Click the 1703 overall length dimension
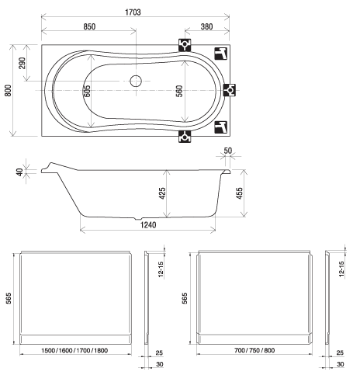click(x=133, y=12)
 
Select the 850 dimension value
click(x=89, y=26)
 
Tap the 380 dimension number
click(x=207, y=26)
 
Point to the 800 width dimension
click(x=9, y=90)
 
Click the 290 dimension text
click(x=22, y=63)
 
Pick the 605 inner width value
click(x=87, y=91)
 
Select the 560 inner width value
click(x=179, y=91)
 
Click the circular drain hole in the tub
click(x=136, y=81)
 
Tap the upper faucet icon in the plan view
click(x=220, y=54)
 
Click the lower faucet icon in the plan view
click(x=220, y=127)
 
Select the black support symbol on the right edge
click(x=230, y=90)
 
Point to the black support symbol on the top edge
click(x=185, y=45)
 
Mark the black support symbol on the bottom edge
click(x=185, y=137)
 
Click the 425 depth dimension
click(x=162, y=193)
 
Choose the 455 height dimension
click(x=240, y=193)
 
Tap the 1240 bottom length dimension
click(x=148, y=225)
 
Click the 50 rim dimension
click(x=228, y=151)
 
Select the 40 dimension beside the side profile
click(x=20, y=172)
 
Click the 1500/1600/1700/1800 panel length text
click(x=74, y=350)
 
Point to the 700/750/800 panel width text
click(x=254, y=350)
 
